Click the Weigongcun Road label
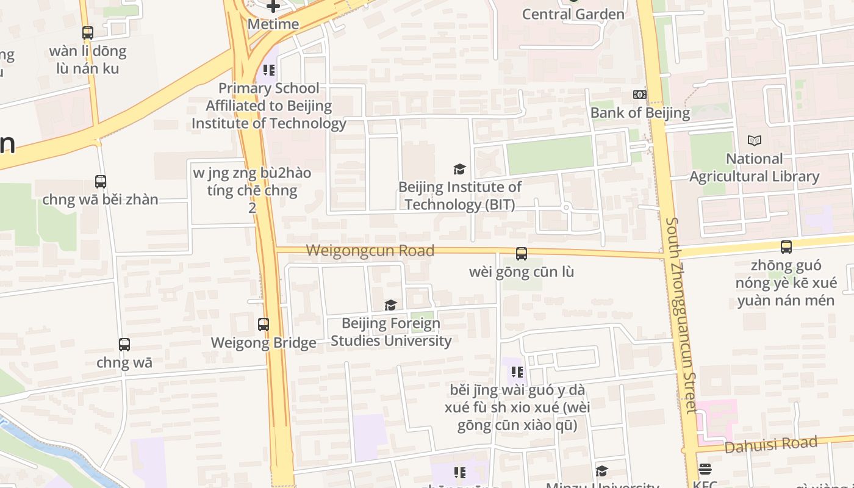pos(370,250)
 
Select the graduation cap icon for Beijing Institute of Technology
pos(459,169)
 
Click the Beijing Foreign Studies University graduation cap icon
pos(390,305)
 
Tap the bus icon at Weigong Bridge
pos(264,325)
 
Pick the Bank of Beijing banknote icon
pos(640,95)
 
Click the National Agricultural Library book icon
pos(755,140)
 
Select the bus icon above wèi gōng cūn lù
pos(522,254)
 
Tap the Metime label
pos(273,24)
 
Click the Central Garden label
pos(573,14)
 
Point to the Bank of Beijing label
pos(640,112)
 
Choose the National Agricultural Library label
pos(755,168)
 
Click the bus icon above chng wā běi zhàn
pos(101,182)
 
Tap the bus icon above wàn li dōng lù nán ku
pos(88,33)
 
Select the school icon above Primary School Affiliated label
pos(269,70)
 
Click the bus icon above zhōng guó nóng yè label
pos(786,247)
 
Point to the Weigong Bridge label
pos(264,343)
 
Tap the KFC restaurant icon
pos(705,469)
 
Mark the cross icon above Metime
pos(273,7)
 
